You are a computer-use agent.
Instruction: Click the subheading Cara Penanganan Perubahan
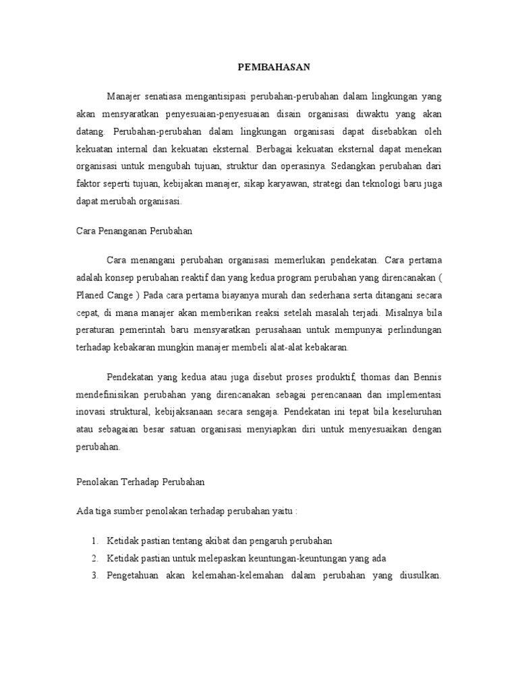point(134,230)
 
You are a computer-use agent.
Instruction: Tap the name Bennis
point(426,376)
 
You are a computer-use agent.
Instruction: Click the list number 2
point(94,558)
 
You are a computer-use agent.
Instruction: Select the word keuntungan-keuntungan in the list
point(304,558)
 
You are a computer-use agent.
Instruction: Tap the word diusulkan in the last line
point(415,575)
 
